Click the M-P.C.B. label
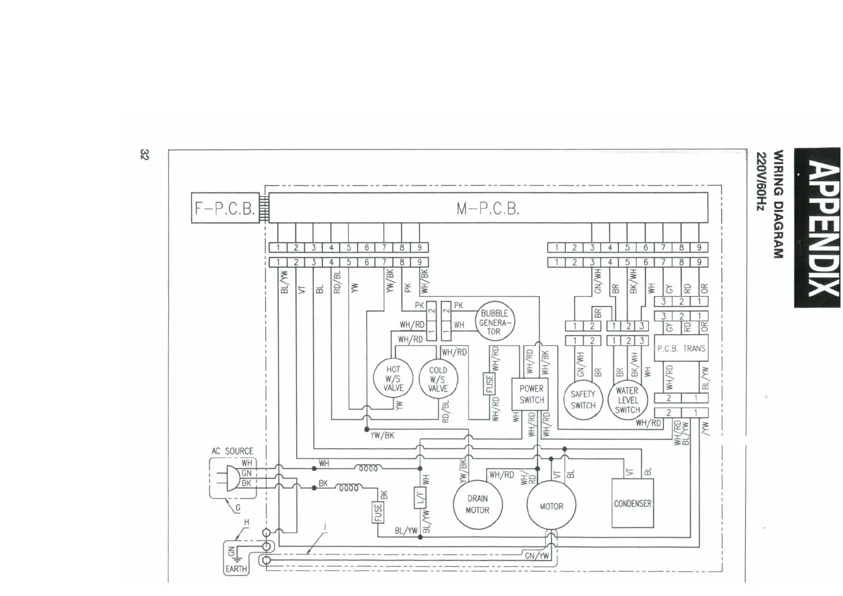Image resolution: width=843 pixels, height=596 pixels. tap(488, 208)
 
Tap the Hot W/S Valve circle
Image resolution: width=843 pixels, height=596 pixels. tap(393, 379)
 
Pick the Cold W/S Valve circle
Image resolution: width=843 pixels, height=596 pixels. tap(438, 379)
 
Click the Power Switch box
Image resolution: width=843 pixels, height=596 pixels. tap(531, 395)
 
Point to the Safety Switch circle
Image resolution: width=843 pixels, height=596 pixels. tap(583, 400)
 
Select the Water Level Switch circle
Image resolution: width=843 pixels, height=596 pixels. tap(627, 400)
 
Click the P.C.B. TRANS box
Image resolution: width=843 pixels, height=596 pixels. tap(681, 348)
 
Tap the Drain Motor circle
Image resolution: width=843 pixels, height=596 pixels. tap(477, 504)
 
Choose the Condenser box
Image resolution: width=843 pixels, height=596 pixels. tap(633, 503)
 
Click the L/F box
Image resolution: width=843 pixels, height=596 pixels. tap(420, 497)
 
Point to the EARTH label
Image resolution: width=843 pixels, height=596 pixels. tap(236, 569)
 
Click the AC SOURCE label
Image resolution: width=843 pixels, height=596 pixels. tap(232, 451)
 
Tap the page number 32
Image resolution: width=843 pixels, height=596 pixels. tap(144, 155)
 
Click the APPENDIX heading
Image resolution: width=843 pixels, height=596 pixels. tap(817, 227)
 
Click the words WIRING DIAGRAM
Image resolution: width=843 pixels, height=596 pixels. tap(778, 204)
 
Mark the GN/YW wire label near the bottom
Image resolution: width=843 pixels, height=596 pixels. tap(537, 555)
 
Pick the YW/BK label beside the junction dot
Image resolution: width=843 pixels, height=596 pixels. tap(382, 435)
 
